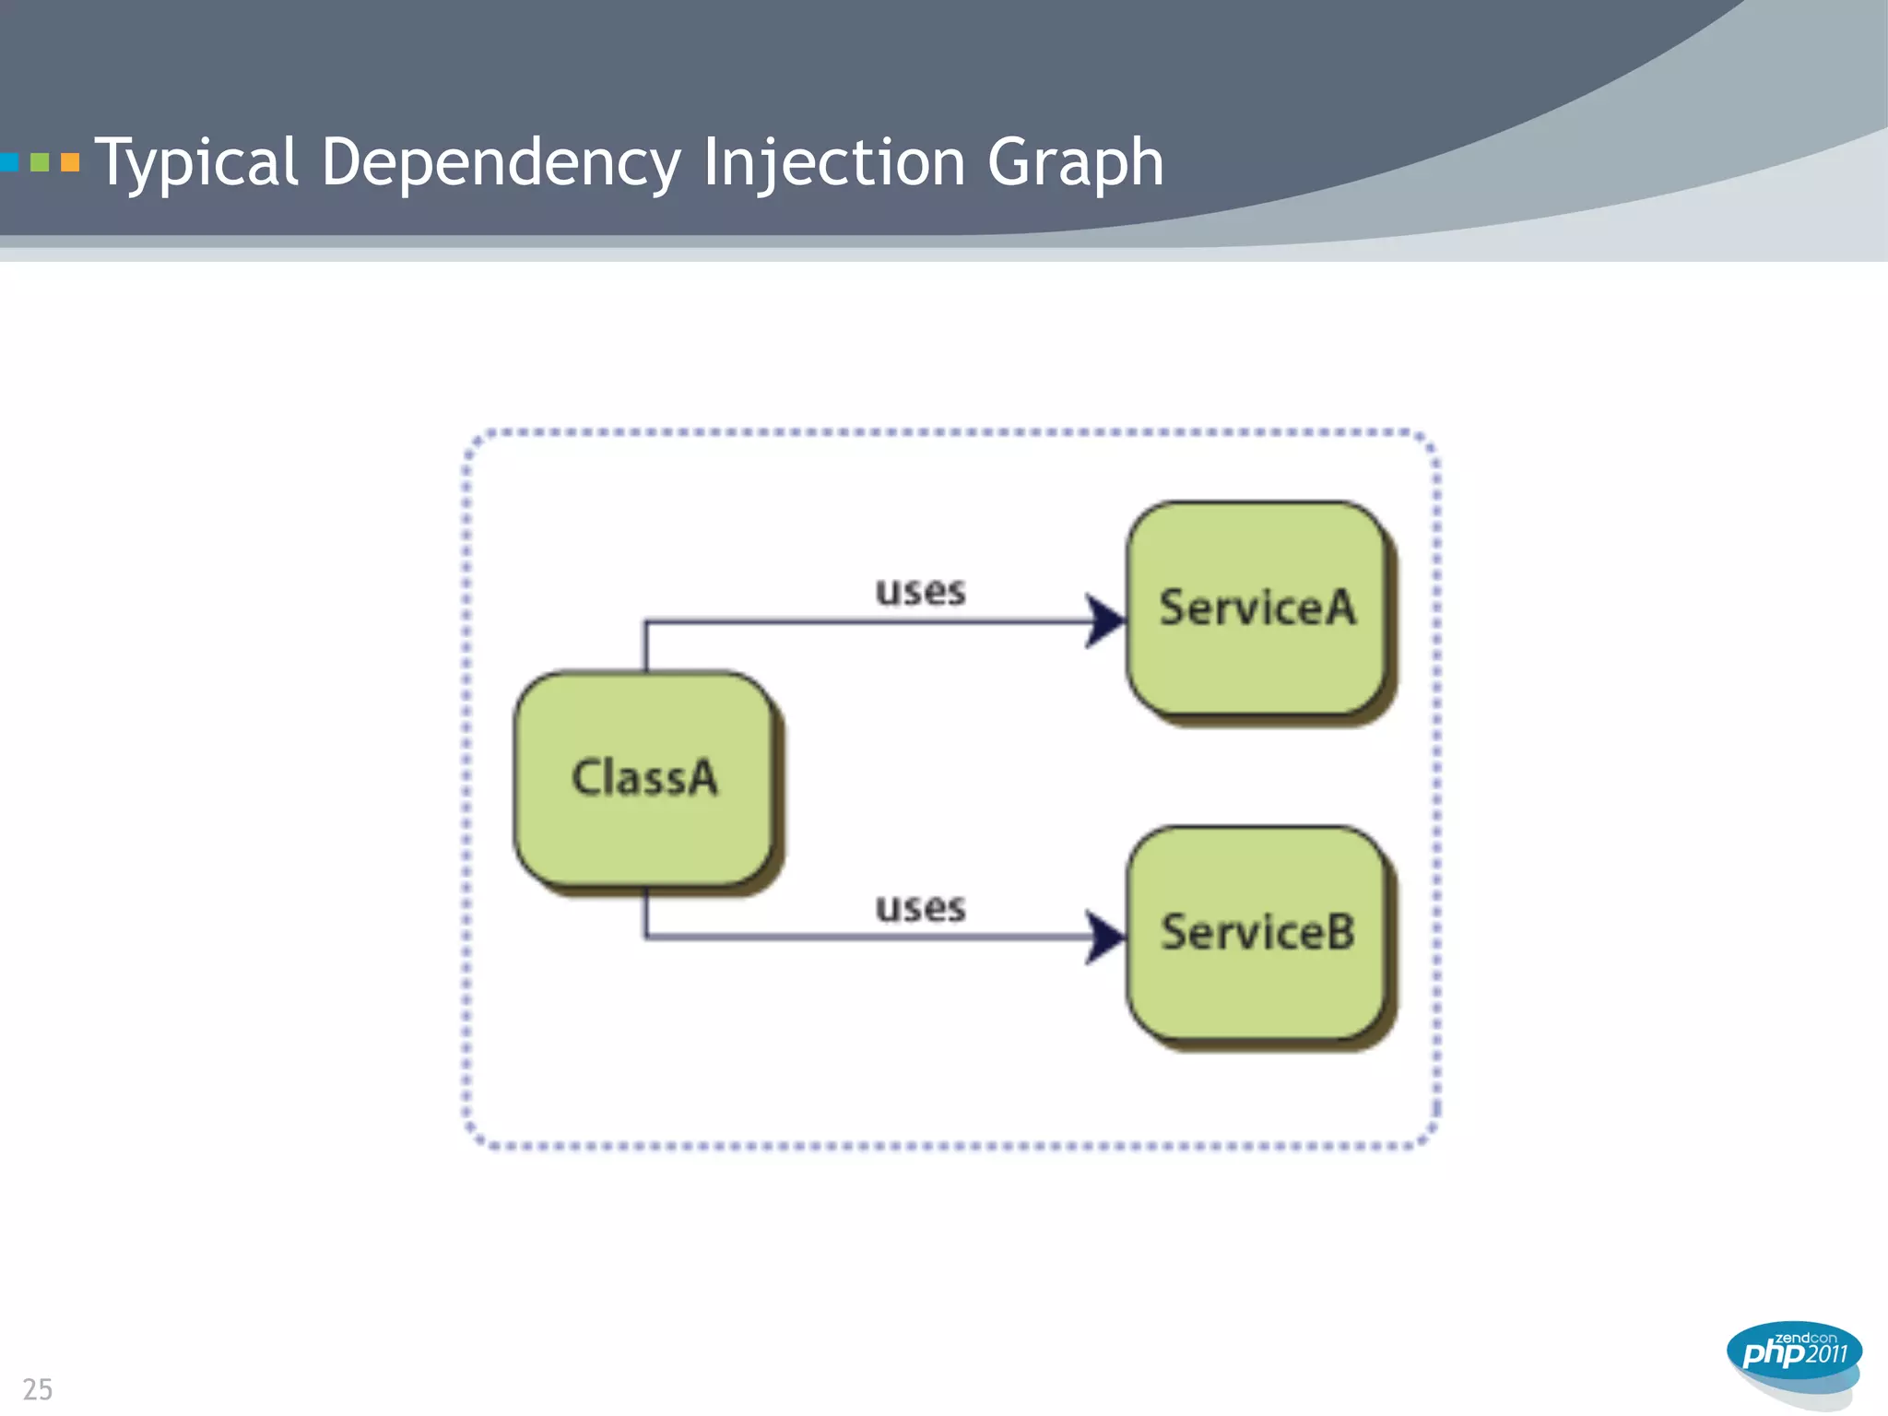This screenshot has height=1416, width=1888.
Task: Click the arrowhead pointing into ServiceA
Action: (x=1104, y=621)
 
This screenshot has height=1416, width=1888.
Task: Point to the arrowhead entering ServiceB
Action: (x=1104, y=937)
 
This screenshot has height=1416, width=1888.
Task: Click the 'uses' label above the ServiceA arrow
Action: (x=920, y=591)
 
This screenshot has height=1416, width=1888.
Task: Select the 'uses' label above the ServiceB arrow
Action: (x=920, y=908)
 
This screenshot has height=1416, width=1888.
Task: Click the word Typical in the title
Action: (x=196, y=162)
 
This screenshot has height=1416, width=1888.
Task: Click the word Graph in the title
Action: (x=1075, y=162)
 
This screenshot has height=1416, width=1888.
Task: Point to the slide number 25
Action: (x=38, y=1388)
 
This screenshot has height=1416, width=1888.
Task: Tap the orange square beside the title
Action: (x=70, y=163)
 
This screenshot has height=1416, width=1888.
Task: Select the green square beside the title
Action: (x=40, y=163)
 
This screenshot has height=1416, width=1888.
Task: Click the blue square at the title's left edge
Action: (x=9, y=163)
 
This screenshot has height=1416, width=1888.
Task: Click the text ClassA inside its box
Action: (x=643, y=777)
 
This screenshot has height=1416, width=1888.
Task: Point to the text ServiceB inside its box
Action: (x=1257, y=931)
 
